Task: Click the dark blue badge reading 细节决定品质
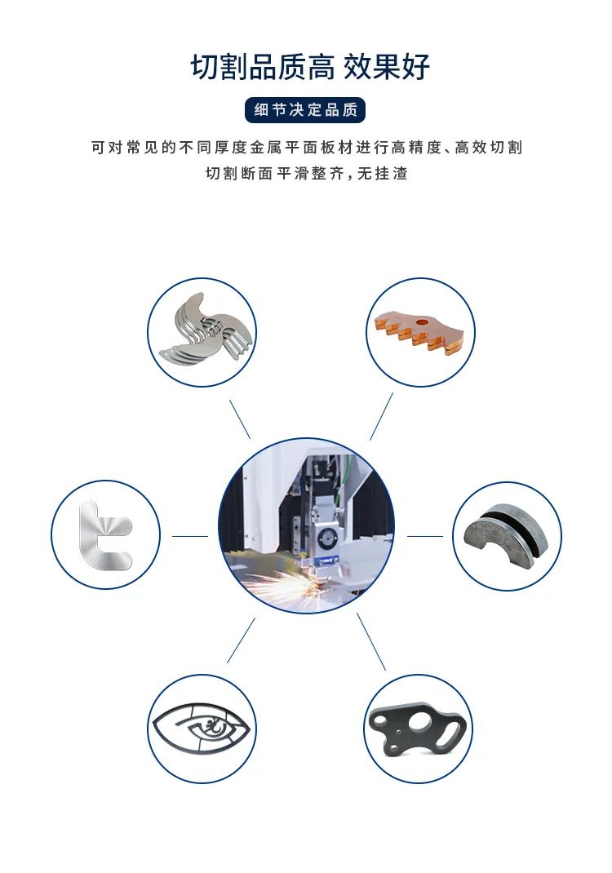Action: tap(305, 109)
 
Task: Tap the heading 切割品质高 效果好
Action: tap(310, 67)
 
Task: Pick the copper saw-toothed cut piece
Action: tap(419, 333)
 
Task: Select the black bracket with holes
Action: tap(418, 729)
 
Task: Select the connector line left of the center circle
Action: tap(190, 536)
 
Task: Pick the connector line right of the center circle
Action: tap(425, 536)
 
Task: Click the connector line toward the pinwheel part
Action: tap(240, 419)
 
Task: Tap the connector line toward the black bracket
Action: tap(371, 642)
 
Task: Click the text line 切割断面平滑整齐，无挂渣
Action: tap(307, 173)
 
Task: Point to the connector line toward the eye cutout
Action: tap(241, 640)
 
